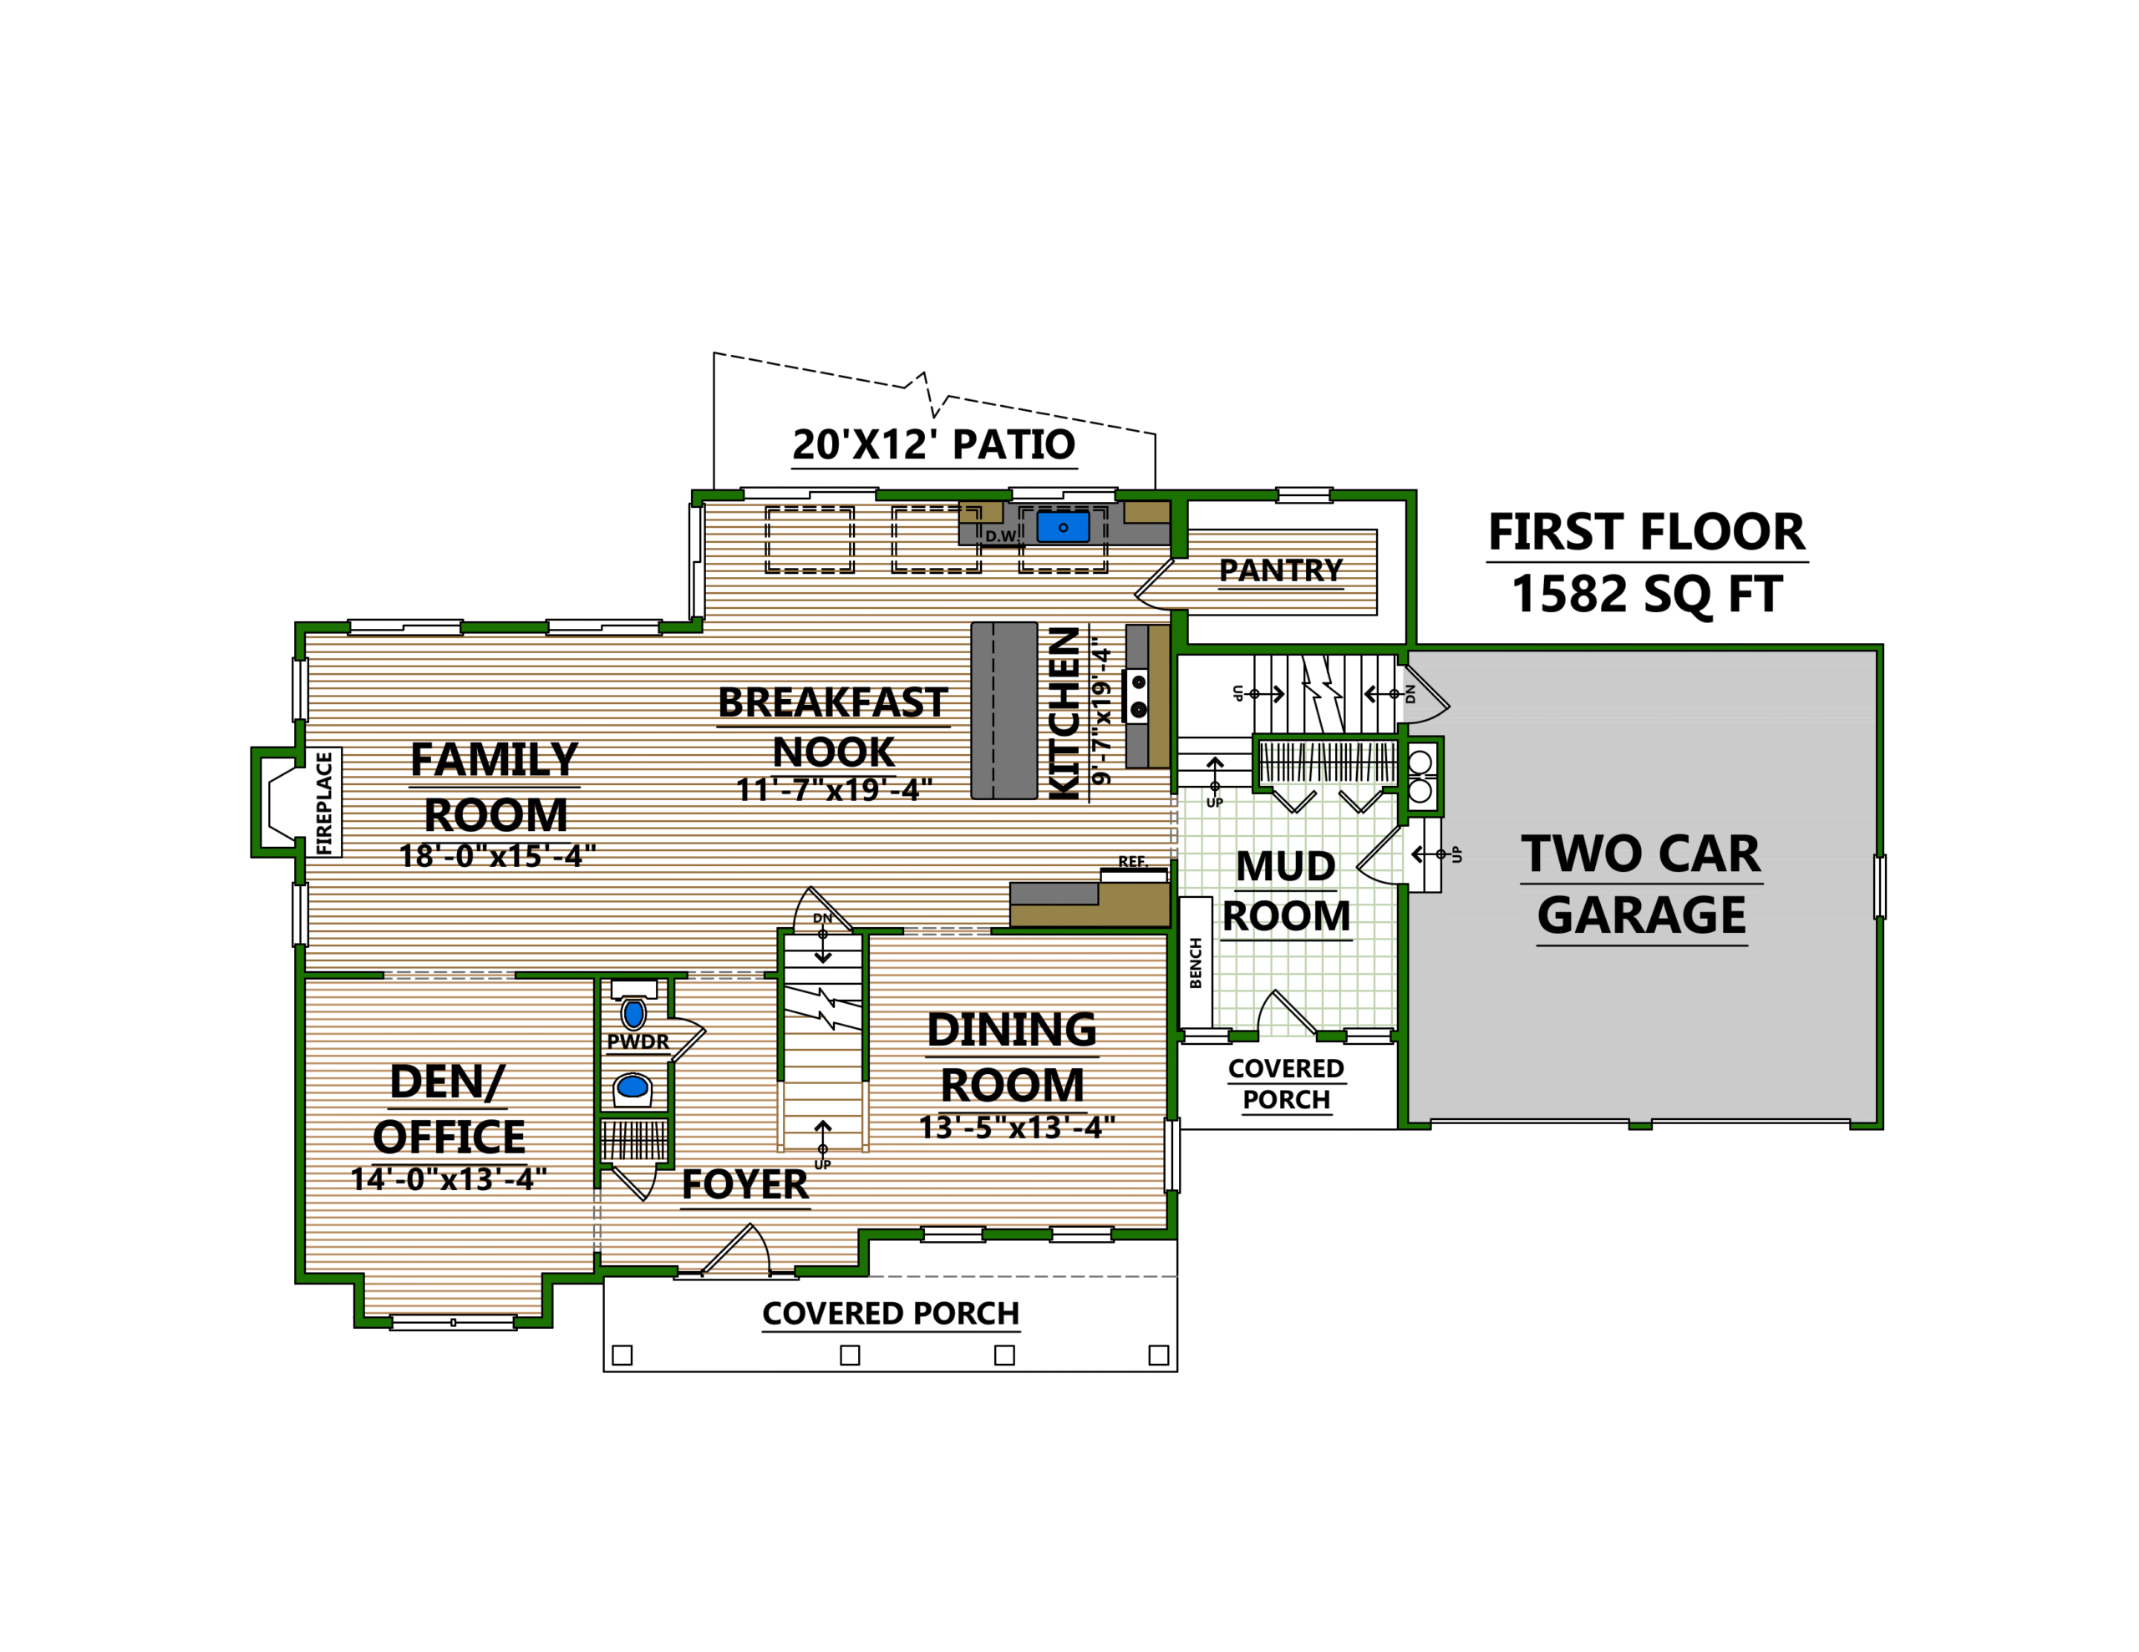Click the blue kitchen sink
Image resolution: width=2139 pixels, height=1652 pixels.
click(x=1063, y=527)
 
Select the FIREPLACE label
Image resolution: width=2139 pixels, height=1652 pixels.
click(x=324, y=802)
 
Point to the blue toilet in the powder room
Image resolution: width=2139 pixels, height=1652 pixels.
click(x=633, y=1014)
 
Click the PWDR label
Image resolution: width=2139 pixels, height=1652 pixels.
click(x=638, y=1042)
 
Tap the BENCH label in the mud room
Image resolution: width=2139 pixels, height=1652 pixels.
click(x=1195, y=963)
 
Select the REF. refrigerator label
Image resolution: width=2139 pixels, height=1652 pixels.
click(x=1132, y=862)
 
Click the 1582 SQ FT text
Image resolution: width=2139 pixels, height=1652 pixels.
click(x=1646, y=595)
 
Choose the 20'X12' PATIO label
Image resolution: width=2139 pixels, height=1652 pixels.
click(x=933, y=444)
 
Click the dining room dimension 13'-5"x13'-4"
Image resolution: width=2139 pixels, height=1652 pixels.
click(x=1017, y=1128)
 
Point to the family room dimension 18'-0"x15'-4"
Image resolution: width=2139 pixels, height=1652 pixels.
click(x=496, y=856)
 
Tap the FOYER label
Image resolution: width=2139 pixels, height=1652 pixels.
click(x=744, y=1185)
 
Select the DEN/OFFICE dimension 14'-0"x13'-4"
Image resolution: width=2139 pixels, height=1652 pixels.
click(x=449, y=1179)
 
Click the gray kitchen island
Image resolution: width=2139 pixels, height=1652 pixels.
click(x=1003, y=710)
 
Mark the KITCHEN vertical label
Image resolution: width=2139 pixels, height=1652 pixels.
click(x=1064, y=713)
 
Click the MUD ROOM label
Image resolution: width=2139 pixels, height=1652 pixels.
click(x=1286, y=891)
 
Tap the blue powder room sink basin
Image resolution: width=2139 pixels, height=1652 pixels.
click(x=633, y=1086)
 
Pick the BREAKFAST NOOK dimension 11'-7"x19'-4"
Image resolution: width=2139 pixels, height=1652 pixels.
click(x=834, y=789)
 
